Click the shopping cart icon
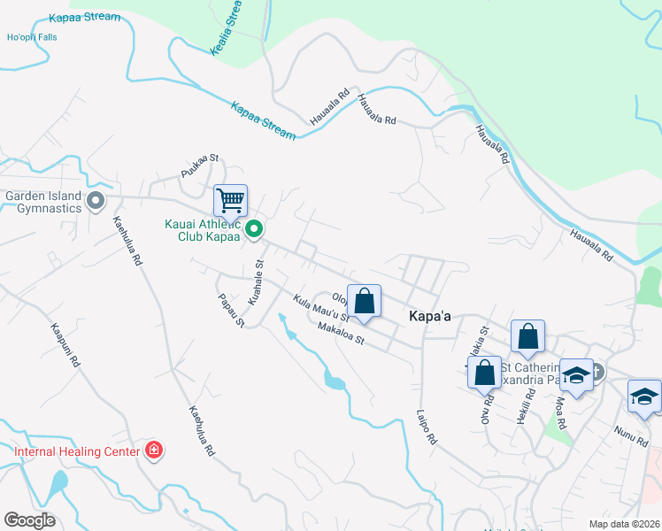231,200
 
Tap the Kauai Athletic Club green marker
254,231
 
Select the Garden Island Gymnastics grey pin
96,203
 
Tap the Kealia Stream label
227,29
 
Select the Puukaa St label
199,166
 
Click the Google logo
30,520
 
